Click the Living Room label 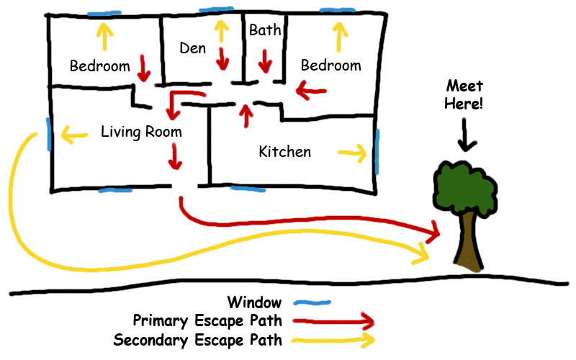(141, 132)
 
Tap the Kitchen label (285, 152)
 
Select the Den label (192, 48)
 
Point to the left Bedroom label (99, 66)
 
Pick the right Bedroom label (330, 66)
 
